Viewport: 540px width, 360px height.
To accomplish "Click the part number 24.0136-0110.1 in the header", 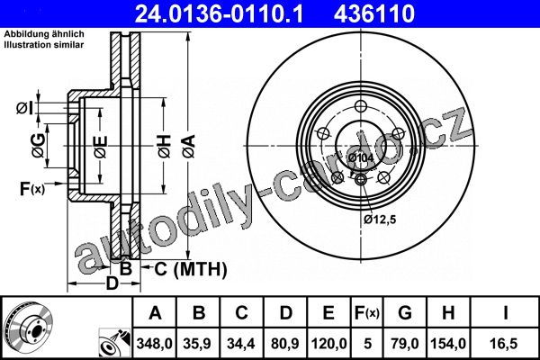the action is point(219,13).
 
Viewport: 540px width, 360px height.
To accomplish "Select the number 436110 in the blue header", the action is point(374,13).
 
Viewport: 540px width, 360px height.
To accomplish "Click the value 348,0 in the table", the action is point(154,344).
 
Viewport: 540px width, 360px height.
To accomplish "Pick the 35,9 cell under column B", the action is point(197,344).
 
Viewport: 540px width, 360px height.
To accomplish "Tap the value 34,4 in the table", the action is point(241,344).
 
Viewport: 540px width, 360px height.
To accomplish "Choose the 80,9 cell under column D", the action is point(285,344).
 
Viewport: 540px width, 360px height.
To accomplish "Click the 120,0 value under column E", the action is point(328,344).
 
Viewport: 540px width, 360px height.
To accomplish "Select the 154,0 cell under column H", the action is point(448,344).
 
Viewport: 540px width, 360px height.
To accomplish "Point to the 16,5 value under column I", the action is point(503,344).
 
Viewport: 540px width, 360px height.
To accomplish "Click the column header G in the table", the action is point(405,313).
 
